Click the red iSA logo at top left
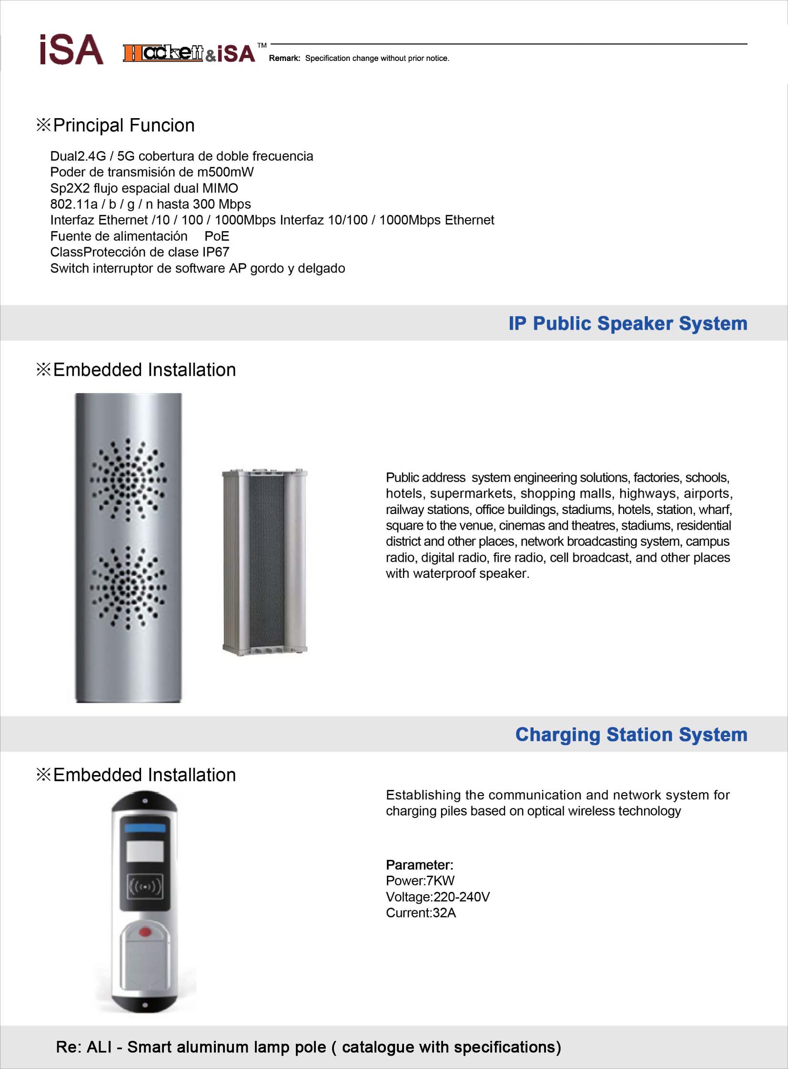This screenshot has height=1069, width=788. click(x=71, y=50)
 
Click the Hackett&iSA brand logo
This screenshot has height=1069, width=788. click(x=189, y=53)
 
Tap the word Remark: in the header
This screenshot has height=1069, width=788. click(x=284, y=58)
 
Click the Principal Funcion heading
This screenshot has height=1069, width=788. click(x=123, y=125)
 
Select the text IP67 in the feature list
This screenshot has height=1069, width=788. click(x=216, y=252)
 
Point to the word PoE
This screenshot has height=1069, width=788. click(x=217, y=236)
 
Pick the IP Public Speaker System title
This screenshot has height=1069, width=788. click(x=627, y=323)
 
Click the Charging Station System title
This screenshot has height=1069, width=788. click(x=631, y=735)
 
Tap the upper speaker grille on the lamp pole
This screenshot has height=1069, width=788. click(x=128, y=479)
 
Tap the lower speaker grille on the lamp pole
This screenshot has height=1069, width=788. click(x=128, y=588)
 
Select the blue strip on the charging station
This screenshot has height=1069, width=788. click(x=145, y=827)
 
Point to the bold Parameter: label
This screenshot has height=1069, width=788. click(x=419, y=865)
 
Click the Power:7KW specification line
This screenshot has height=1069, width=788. click(x=420, y=880)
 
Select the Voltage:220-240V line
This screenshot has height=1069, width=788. click(x=437, y=897)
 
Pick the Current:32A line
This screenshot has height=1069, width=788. click(x=421, y=913)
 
